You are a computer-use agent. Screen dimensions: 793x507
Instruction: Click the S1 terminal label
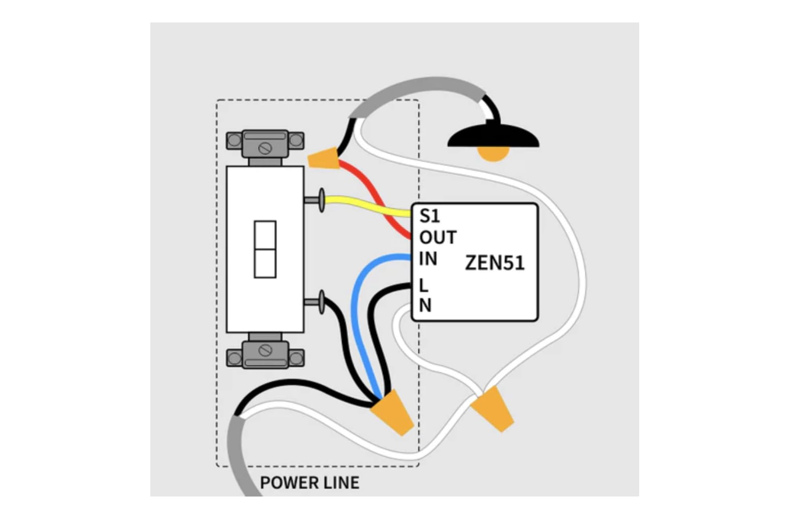(430, 216)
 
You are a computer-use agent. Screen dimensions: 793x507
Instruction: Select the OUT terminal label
(438, 237)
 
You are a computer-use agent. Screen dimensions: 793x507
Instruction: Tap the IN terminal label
(428, 259)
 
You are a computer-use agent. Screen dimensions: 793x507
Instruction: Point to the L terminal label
(424, 286)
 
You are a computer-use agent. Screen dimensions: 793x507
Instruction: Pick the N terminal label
(425, 306)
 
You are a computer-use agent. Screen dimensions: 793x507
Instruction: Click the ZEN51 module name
(495, 263)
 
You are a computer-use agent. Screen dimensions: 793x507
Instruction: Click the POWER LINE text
(310, 483)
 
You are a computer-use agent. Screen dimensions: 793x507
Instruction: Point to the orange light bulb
(493, 154)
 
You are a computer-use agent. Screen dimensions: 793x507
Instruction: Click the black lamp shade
(493, 136)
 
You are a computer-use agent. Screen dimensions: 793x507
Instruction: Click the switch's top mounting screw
(265, 148)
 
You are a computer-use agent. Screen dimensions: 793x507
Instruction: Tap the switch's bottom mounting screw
(265, 351)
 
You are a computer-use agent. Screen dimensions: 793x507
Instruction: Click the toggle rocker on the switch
(265, 249)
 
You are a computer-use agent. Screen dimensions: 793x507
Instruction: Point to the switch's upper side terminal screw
(316, 200)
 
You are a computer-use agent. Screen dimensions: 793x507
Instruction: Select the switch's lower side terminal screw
(316, 302)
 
